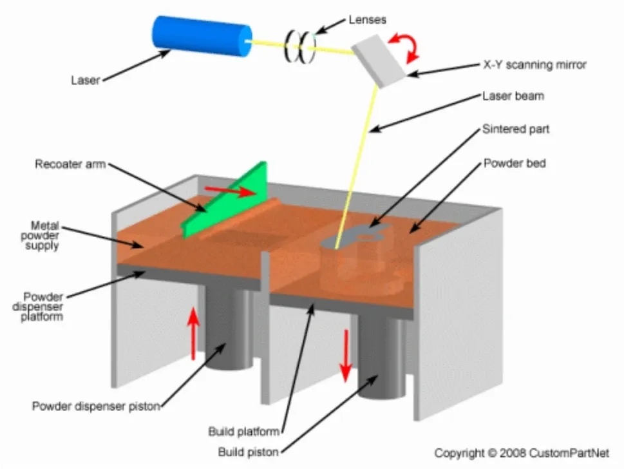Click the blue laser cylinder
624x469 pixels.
point(202,37)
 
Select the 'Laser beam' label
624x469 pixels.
point(513,97)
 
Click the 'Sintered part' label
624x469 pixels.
point(516,129)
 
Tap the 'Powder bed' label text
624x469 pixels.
point(515,163)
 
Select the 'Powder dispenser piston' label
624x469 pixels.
point(96,406)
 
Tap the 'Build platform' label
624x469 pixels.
point(244,431)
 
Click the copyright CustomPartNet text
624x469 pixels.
point(521,453)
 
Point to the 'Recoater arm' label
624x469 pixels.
point(70,164)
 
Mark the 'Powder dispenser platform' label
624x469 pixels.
point(43,306)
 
